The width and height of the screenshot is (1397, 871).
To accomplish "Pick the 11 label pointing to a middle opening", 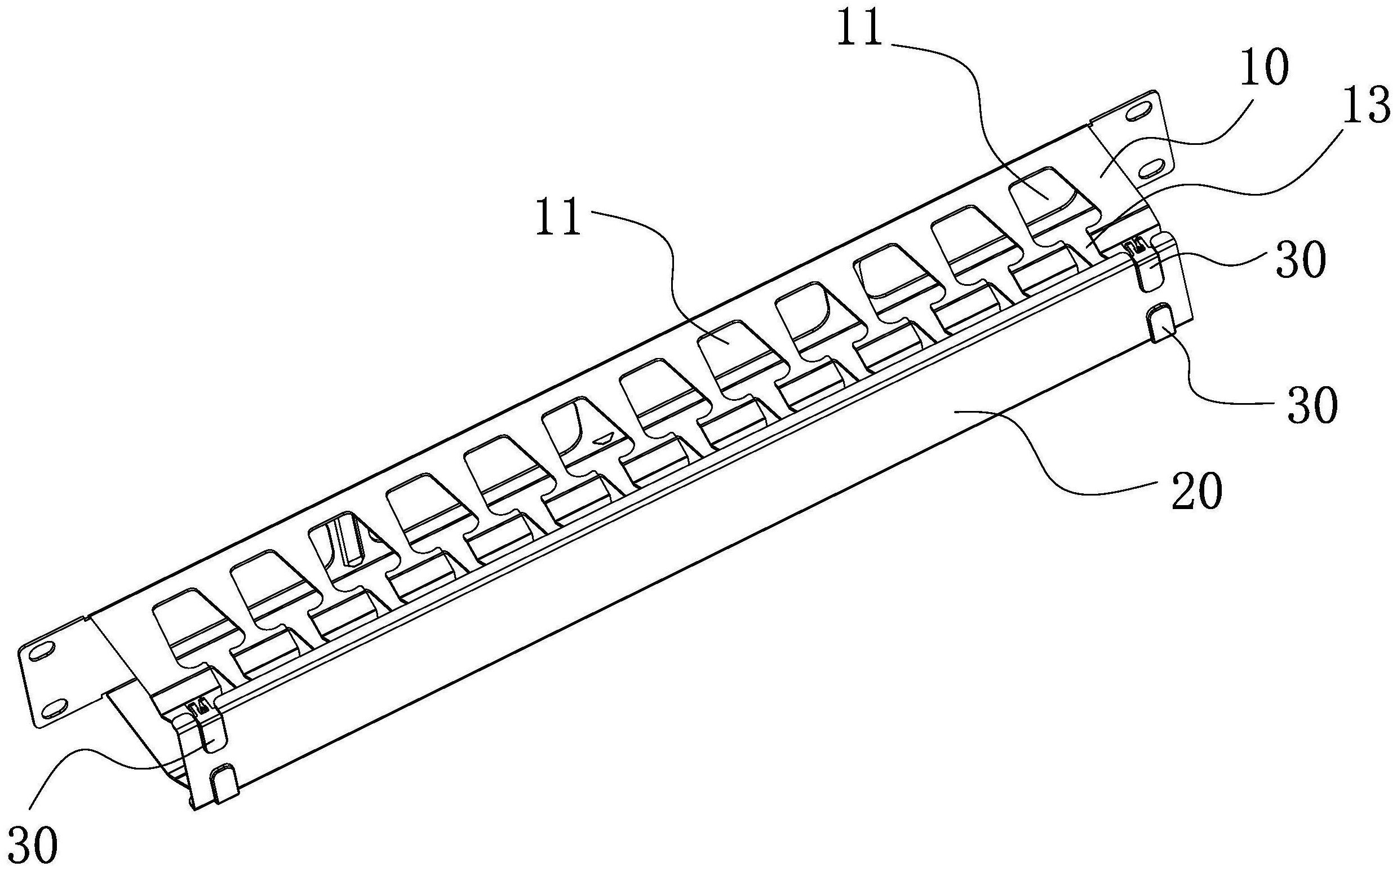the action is (558, 217).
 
